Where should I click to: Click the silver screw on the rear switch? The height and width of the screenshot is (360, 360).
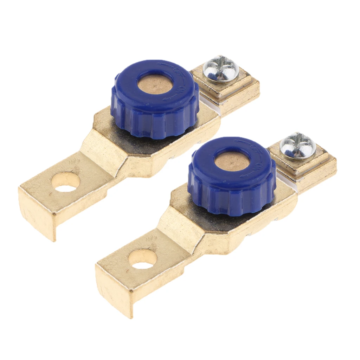pyautogui.click(x=221, y=69)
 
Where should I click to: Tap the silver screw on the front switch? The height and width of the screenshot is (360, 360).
pyautogui.click(x=298, y=146)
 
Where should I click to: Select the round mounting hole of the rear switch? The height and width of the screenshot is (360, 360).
pyautogui.click(x=66, y=182)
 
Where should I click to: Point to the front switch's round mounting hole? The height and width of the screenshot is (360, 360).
pyautogui.click(x=142, y=259)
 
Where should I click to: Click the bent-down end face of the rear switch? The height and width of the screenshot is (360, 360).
pyautogui.click(x=37, y=218)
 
